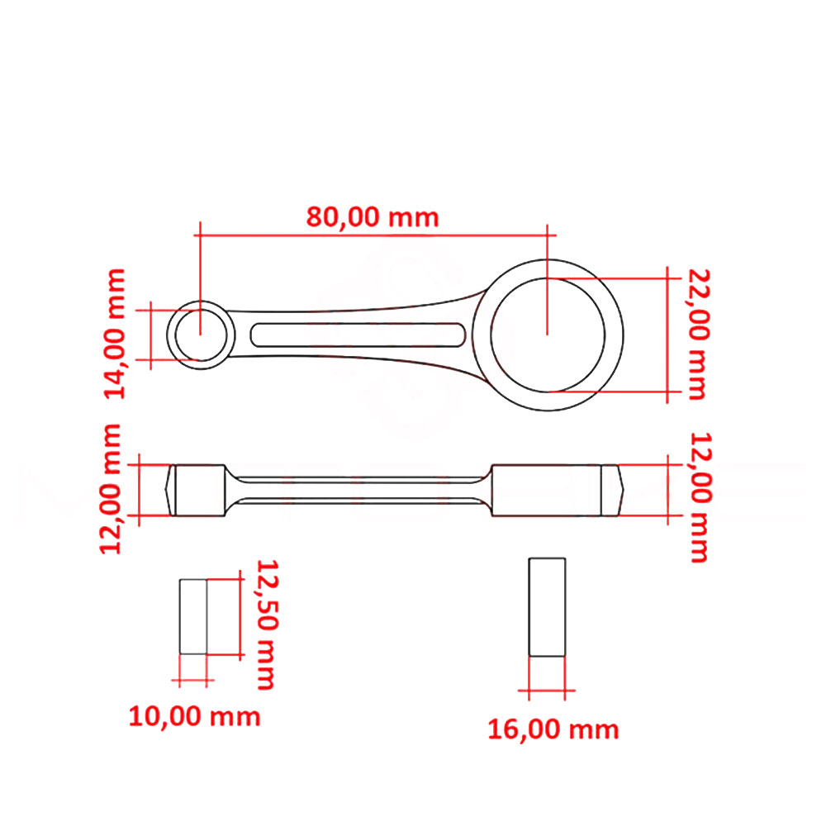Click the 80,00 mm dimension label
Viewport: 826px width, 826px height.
[x=373, y=217]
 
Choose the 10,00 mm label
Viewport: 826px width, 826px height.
[x=194, y=716]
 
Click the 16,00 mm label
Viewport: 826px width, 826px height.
[x=553, y=729]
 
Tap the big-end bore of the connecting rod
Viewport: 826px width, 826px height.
[x=547, y=334]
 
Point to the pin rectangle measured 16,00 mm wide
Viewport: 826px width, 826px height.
[x=547, y=607]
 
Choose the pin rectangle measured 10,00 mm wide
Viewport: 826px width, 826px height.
[x=193, y=616]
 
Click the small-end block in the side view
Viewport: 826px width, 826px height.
[x=198, y=491]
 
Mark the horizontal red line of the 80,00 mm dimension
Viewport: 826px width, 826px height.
[x=373, y=235]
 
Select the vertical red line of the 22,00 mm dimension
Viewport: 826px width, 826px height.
[x=667, y=335]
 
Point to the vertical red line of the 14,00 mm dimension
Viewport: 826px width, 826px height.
[x=150, y=334]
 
